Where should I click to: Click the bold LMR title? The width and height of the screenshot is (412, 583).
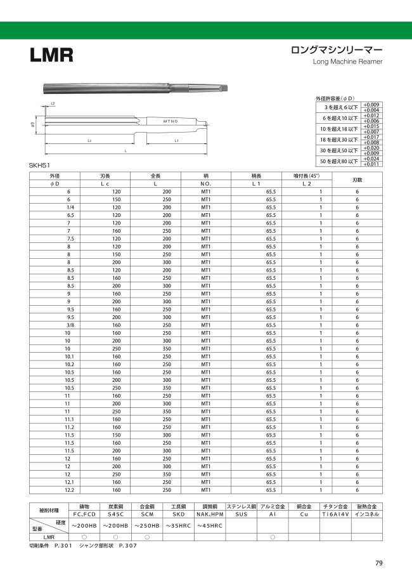tap(51, 55)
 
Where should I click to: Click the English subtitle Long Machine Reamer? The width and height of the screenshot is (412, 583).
tap(348, 62)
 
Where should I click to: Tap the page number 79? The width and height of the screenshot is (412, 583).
tap(378, 563)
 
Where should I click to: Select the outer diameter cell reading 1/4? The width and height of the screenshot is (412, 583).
tap(68, 207)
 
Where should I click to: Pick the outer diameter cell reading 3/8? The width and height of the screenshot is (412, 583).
tap(68, 325)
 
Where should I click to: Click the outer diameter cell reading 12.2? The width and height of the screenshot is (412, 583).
tap(68, 490)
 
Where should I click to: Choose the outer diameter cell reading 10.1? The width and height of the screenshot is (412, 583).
tap(68, 357)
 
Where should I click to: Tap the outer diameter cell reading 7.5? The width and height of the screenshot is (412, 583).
tap(68, 239)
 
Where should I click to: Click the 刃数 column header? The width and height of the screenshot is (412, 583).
tap(357, 180)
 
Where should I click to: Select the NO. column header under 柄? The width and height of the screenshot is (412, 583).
tap(206, 183)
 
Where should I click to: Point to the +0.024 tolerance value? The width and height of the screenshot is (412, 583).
tap(371, 158)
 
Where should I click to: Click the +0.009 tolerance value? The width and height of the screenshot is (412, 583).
tap(371, 104)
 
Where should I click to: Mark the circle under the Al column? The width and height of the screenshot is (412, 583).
tap(273, 537)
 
